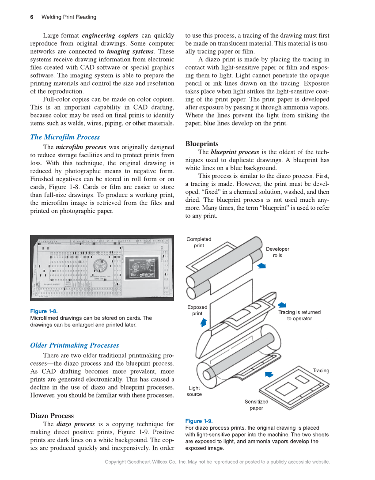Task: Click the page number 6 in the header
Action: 32,17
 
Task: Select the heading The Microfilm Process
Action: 65,137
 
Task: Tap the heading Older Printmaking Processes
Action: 74,345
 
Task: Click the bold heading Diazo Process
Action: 52,416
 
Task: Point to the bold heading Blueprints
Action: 201,144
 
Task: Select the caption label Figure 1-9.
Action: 199,421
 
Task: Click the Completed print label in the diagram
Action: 199,242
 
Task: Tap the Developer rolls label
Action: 277,252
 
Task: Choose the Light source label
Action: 194,391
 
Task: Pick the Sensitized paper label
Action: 256,404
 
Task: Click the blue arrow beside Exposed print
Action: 204,322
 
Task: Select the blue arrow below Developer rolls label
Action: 261,265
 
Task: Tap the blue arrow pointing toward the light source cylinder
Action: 269,374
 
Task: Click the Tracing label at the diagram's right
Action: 321,370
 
